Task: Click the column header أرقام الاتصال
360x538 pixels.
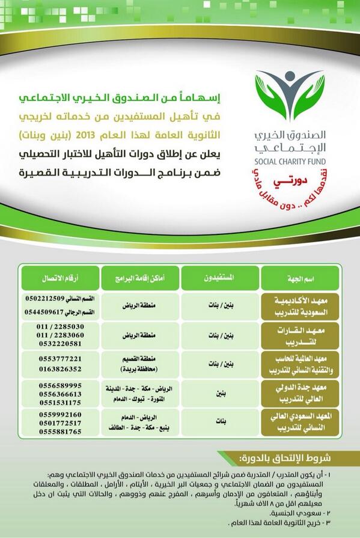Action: tap(59, 278)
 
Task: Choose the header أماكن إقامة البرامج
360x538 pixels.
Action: tap(139, 278)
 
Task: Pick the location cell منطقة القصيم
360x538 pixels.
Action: tap(139, 359)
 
